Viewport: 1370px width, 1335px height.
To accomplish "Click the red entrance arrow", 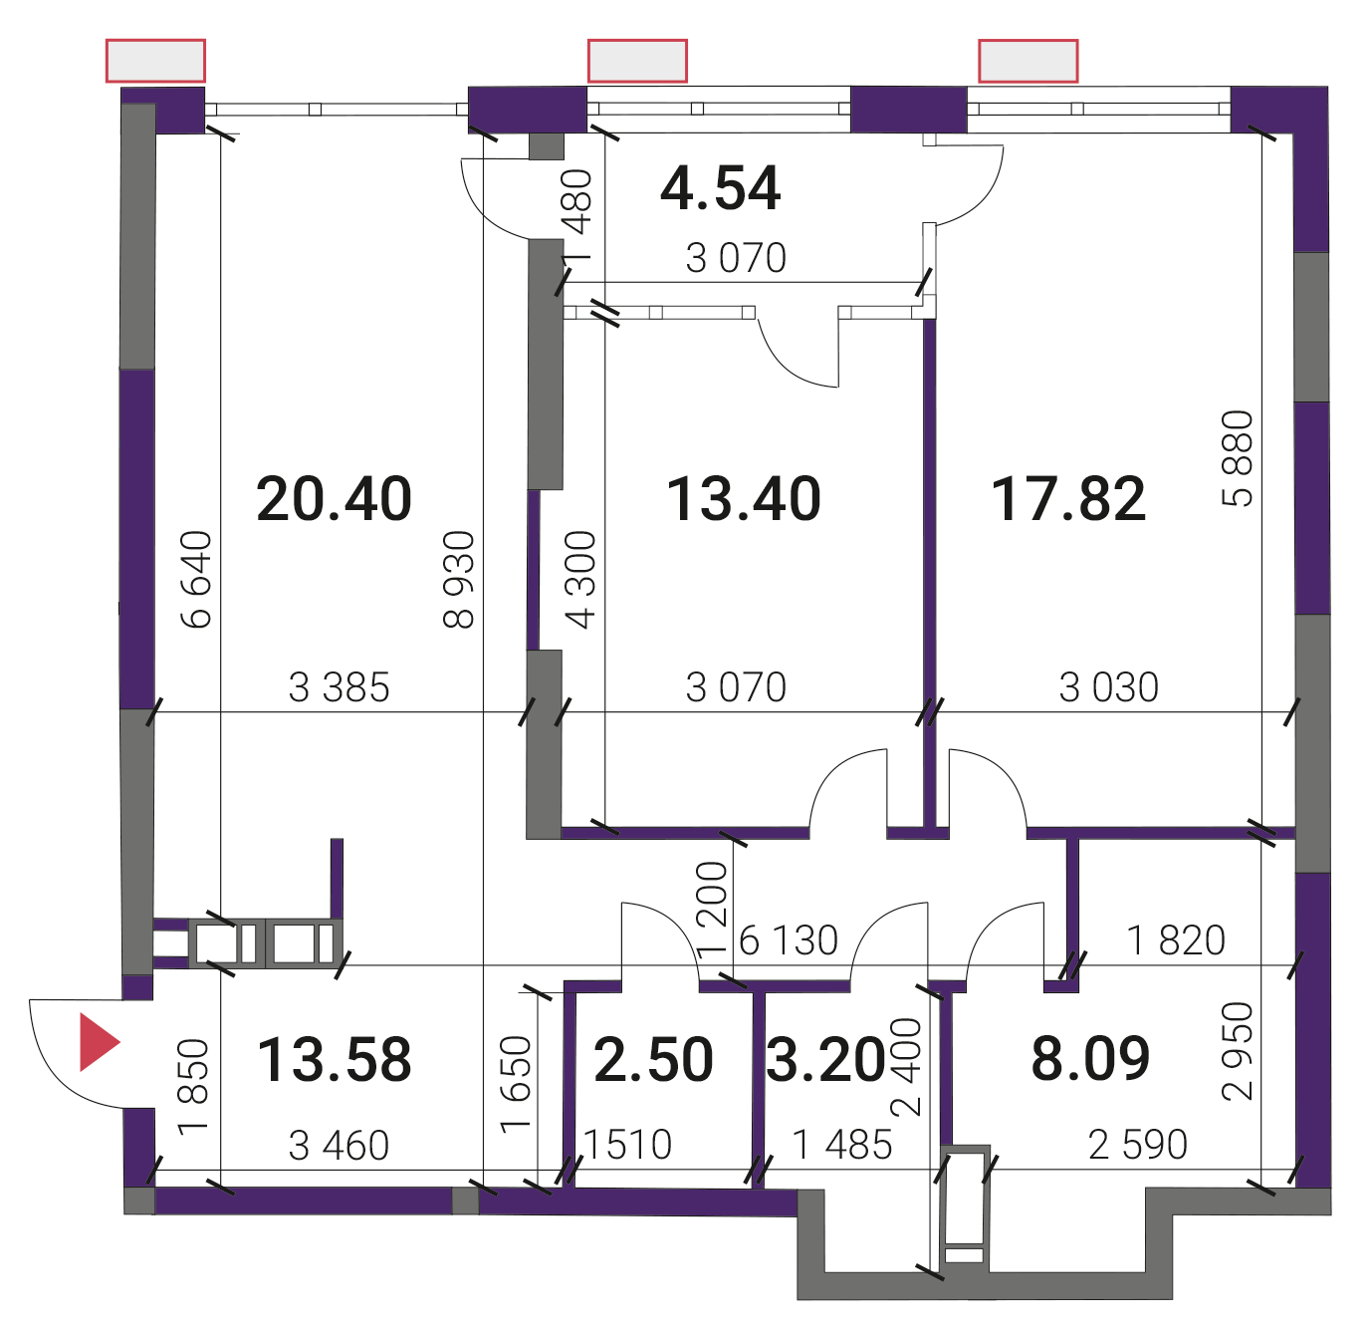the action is point(99,1042).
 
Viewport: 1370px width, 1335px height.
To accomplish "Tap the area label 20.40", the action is point(334,499).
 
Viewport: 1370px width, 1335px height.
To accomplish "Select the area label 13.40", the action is point(744,499).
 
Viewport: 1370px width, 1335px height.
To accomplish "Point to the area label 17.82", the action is point(1068,499).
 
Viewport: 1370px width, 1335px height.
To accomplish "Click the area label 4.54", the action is point(720,189).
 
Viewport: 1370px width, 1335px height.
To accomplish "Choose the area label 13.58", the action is point(335,1060).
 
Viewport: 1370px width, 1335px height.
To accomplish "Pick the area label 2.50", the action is point(653,1060).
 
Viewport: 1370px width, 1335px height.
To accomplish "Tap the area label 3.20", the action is point(825,1060).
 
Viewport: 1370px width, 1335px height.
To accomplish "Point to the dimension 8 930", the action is point(459,579).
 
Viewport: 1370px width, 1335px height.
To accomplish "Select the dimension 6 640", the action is point(196,579).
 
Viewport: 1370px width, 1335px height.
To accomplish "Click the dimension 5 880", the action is point(1237,458).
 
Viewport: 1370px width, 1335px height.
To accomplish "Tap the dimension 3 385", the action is point(339,687).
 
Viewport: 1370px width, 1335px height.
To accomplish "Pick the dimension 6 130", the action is point(789,940).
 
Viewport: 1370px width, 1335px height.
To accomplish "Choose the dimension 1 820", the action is point(1177,940).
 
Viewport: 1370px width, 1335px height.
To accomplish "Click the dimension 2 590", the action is point(1138,1145).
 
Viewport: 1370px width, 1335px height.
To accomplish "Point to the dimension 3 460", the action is point(339,1146).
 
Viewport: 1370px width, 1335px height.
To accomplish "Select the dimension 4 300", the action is point(580,579).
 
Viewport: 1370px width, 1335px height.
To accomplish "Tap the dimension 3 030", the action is point(1109,687).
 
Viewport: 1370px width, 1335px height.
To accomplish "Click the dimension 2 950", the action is point(1237,1052).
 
